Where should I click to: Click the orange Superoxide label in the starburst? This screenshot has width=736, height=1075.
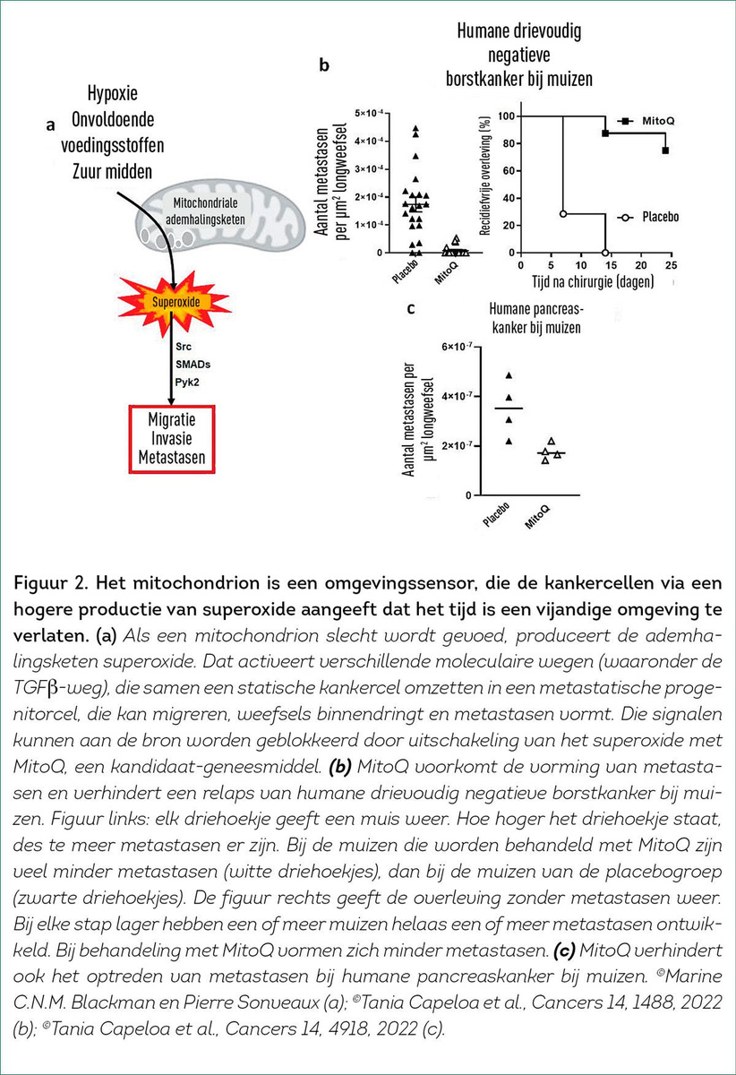175,302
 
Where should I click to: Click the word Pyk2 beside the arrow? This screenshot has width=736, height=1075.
186,383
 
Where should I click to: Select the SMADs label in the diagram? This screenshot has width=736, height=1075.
193,365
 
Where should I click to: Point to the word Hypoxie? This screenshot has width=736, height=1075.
112,93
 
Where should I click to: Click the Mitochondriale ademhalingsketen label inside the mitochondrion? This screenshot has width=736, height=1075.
205,211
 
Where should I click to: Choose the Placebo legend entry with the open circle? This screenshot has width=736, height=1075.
647,217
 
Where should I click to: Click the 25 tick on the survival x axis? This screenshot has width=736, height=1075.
672,265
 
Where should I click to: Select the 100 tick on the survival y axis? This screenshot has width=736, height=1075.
506,116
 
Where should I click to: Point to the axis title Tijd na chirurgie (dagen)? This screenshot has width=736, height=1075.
593,281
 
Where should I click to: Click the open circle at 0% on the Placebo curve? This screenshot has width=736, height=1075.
605,253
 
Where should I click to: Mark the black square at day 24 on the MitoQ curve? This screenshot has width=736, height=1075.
665,150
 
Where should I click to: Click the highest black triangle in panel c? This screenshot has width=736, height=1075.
509,375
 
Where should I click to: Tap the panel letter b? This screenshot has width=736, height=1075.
324,65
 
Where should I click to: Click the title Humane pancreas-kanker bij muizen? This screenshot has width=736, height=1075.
536,318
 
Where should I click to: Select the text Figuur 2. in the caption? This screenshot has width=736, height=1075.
50,583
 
